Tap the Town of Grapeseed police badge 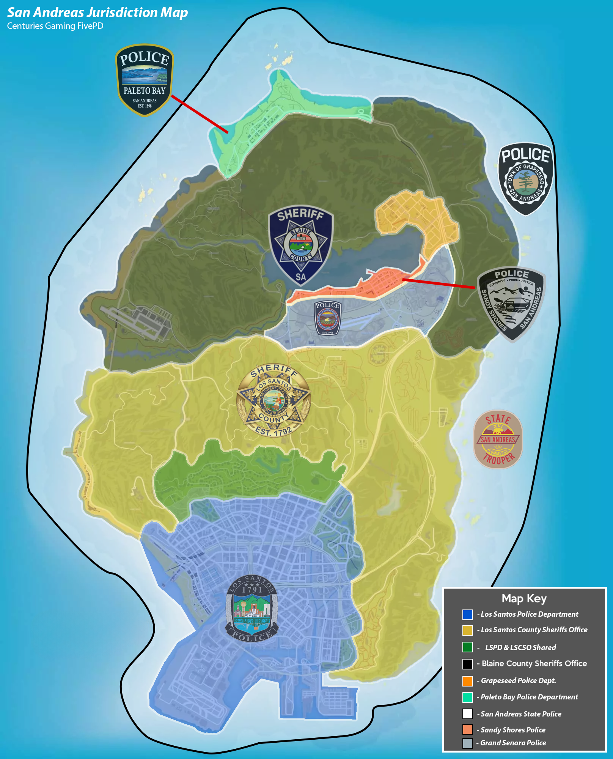click(x=525, y=178)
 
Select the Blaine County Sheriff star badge click(x=300, y=245)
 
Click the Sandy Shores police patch click(x=511, y=304)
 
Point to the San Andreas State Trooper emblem click(x=498, y=439)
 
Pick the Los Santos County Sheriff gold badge click(x=273, y=400)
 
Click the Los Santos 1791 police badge click(x=252, y=608)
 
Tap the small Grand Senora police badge click(x=328, y=318)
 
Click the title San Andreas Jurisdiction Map click(x=97, y=13)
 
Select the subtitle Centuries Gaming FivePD click(x=55, y=26)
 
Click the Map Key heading click(x=524, y=598)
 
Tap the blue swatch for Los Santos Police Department click(x=467, y=614)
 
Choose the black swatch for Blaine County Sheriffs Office click(x=467, y=664)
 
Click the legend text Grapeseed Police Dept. click(x=518, y=680)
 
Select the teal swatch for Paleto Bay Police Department click(x=467, y=697)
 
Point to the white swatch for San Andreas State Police click(x=467, y=714)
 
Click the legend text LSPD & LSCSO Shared click(x=520, y=647)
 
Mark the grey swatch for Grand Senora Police click(x=467, y=743)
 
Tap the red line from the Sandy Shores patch click(x=438, y=283)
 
